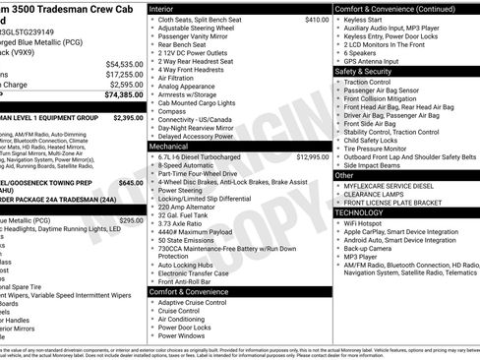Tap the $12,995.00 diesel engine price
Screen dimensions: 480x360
tap(312, 156)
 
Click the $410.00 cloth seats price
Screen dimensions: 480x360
tap(317, 20)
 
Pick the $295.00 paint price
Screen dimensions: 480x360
tap(131, 221)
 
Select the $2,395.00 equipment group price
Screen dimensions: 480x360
tap(128, 118)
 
